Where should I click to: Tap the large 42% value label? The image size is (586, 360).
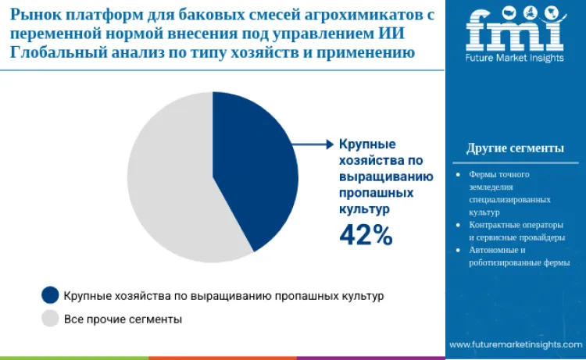(x=365, y=235)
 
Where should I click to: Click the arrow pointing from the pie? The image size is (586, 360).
(x=316, y=144)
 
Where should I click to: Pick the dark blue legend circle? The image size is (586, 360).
(x=50, y=295)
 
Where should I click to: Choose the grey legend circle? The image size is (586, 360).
(x=50, y=319)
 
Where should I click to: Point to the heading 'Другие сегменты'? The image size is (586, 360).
(x=515, y=148)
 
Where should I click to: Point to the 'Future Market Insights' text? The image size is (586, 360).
(x=514, y=59)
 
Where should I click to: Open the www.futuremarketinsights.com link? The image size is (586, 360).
(x=516, y=344)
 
